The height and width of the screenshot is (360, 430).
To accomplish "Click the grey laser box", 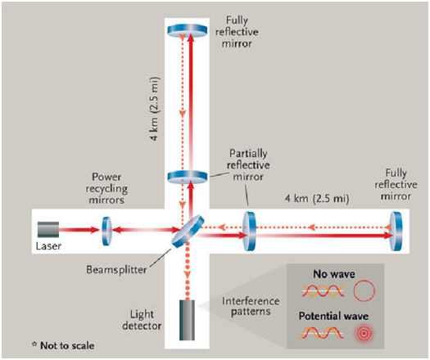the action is pyautogui.click(x=48, y=229).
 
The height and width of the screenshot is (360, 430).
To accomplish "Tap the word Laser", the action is pyautogui.click(x=48, y=246).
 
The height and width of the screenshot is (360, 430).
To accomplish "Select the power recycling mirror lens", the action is pyautogui.click(x=106, y=231).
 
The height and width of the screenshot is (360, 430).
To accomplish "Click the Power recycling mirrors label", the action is pyautogui.click(x=106, y=188).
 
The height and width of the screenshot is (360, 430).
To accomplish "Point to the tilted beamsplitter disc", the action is pyautogui.click(x=188, y=232).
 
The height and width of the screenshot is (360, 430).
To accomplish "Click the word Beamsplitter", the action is pyautogui.click(x=116, y=269).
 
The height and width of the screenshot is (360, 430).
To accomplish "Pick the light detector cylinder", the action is pyautogui.click(x=187, y=320).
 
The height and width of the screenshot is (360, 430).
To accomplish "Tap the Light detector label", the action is pyautogui.click(x=142, y=320).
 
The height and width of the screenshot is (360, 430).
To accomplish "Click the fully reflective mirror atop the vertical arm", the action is pyautogui.click(x=188, y=30).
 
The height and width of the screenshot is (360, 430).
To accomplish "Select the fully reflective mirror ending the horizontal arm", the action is pyautogui.click(x=396, y=231).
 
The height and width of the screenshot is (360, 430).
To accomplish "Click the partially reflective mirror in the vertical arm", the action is pyautogui.click(x=188, y=177).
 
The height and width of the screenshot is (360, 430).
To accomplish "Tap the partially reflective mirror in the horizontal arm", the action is pyautogui.click(x=249, y=231).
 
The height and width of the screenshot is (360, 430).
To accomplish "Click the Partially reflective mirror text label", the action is pyautogui.click(x=248, y=165).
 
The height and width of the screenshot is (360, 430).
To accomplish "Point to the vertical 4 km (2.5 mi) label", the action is pyautogui.click(x=156, y=109).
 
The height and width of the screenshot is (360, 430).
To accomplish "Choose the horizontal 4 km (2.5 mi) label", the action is pyautogui.click(x=317, y=198).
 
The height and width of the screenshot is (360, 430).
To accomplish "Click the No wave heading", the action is pyautogui.click(x=334, y=274).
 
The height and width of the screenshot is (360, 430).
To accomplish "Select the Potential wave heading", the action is pyautogui.click(x=333, y=316).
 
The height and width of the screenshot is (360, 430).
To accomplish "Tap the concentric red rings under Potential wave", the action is pyautogui.click(x=364, y=334).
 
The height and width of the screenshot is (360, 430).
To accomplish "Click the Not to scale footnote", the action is pyautogui.click(x=63, y=345).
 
